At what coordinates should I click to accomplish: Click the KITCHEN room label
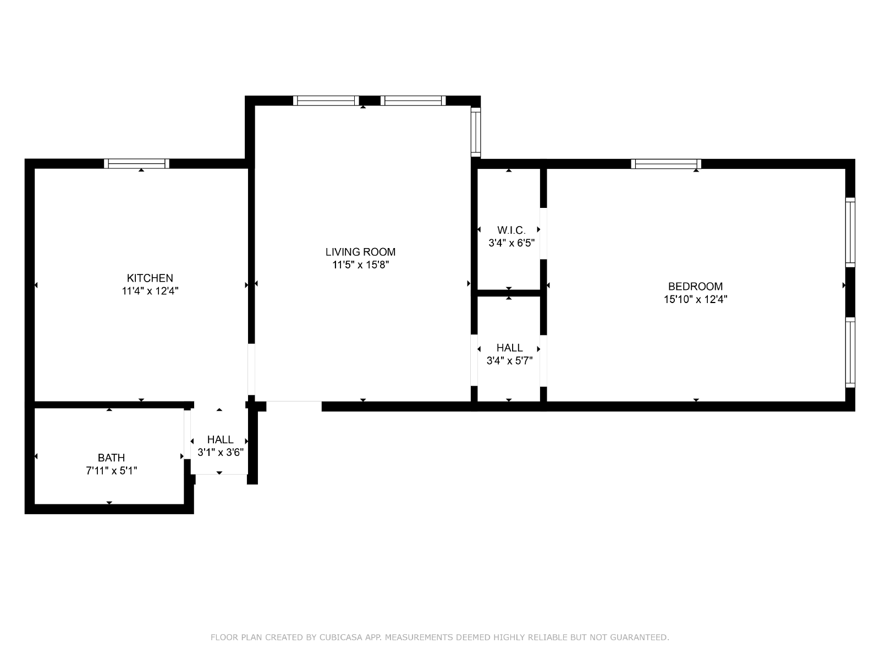150,278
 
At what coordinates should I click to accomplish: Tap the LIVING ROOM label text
360,252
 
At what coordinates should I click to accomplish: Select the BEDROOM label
695,286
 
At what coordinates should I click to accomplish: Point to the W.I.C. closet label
511,230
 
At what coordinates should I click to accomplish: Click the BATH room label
112,457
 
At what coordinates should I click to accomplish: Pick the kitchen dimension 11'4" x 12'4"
150,290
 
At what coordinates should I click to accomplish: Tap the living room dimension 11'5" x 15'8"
360,265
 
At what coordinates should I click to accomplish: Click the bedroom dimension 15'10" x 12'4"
695,299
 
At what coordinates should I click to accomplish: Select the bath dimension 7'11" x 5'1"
112,470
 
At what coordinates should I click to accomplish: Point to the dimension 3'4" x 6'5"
511,243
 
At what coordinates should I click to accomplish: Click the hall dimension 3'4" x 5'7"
509,360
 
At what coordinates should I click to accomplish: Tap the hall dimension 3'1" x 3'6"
221,452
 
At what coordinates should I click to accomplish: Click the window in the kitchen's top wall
137,163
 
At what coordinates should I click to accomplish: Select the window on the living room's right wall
476,132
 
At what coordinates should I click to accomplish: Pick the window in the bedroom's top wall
666,164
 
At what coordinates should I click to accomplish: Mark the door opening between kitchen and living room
251,369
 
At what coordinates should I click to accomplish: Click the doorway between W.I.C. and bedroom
543,233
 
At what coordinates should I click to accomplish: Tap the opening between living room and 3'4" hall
474,360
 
